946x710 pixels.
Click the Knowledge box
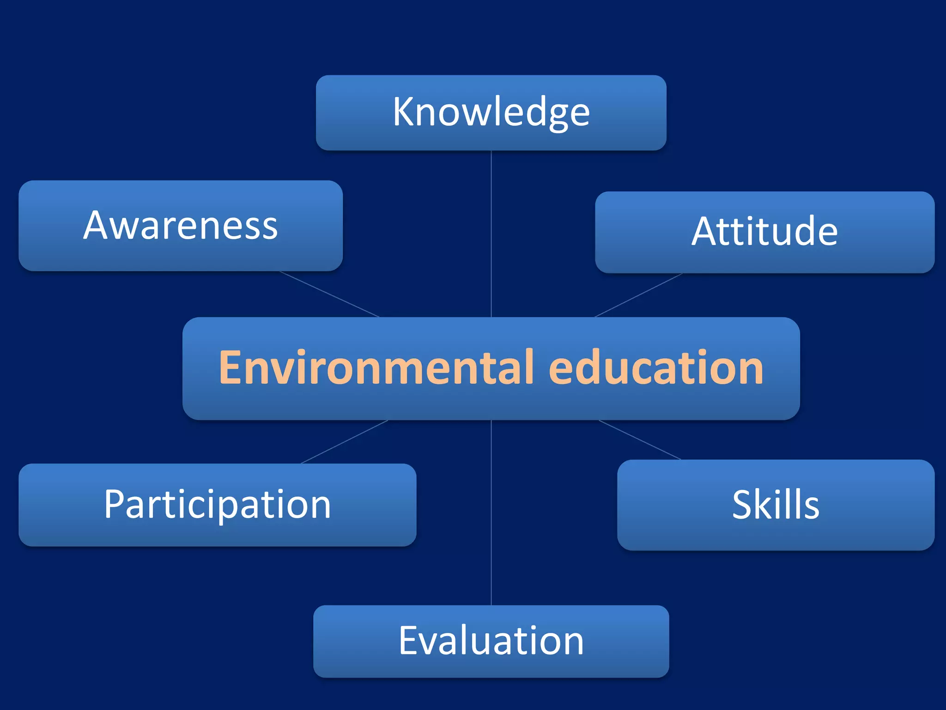tap(491, 112)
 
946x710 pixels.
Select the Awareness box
tap(180, 226)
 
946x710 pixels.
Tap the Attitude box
tap(764, 232)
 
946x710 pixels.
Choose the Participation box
tap(217, 505)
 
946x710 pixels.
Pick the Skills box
tap(776, 505)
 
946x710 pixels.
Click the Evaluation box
tap(491, 641)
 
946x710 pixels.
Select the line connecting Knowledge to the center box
tap(491, 233)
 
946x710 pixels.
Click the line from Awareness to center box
tap(329, 294)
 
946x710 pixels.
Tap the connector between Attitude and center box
tap(638, 295)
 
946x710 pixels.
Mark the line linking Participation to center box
tap(345, 442)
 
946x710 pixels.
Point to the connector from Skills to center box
tap(640, 440)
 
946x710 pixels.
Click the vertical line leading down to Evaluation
tap(491, 513)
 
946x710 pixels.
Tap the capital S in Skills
tap(743, 505)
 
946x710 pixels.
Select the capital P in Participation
tap(114, 504)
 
